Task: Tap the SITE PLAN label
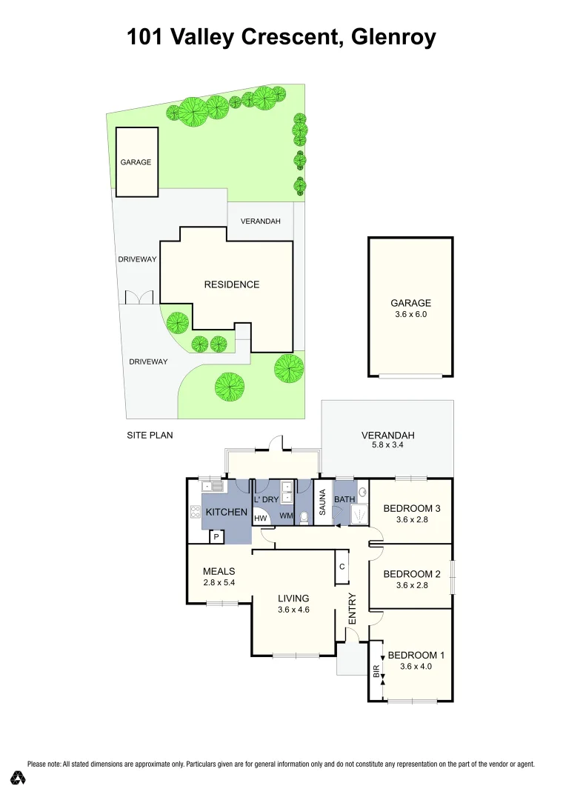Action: tap(150, 435)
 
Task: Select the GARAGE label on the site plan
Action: tap(136, 162)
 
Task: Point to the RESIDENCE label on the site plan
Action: tap(232, 284)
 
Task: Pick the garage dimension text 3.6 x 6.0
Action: tap(410, 314)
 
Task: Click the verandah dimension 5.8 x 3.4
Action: tap(387, 446)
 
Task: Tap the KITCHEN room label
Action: tap(226, 513)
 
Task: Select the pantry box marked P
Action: tap(216, 537)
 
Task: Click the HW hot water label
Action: tap(260, 519)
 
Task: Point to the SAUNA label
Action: tap(323, 502)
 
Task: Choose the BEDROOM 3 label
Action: tap(412, 508)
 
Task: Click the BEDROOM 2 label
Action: tap(412, 573)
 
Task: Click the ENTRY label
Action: tap(353, 608)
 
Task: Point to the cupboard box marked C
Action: tap(342, 567)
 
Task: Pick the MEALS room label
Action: tap(219, 571)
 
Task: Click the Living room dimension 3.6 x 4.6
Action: tap(293, 610)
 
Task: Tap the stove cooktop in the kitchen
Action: tap(196, 511)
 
